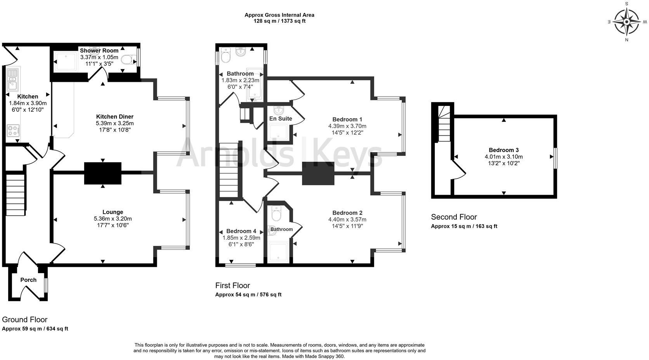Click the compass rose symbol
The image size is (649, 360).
tap(626, 22)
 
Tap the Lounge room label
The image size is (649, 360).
tap(113, 212)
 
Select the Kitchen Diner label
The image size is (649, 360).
tap(115, 116)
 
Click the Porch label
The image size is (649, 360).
tap(28, 280)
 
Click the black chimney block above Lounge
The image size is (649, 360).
tap(102, 173)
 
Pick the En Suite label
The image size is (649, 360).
tap(280, 119)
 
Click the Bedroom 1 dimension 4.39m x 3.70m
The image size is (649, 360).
tap(347, 126)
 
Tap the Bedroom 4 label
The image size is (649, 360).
tap(241, 231)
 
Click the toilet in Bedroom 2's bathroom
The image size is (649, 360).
tap(276, 214)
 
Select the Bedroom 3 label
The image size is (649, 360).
tap(503, 150)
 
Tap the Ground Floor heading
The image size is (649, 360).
tap(25, 320)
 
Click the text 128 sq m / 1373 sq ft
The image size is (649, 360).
tap(279, 21)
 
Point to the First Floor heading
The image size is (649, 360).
tap(233, 286)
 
